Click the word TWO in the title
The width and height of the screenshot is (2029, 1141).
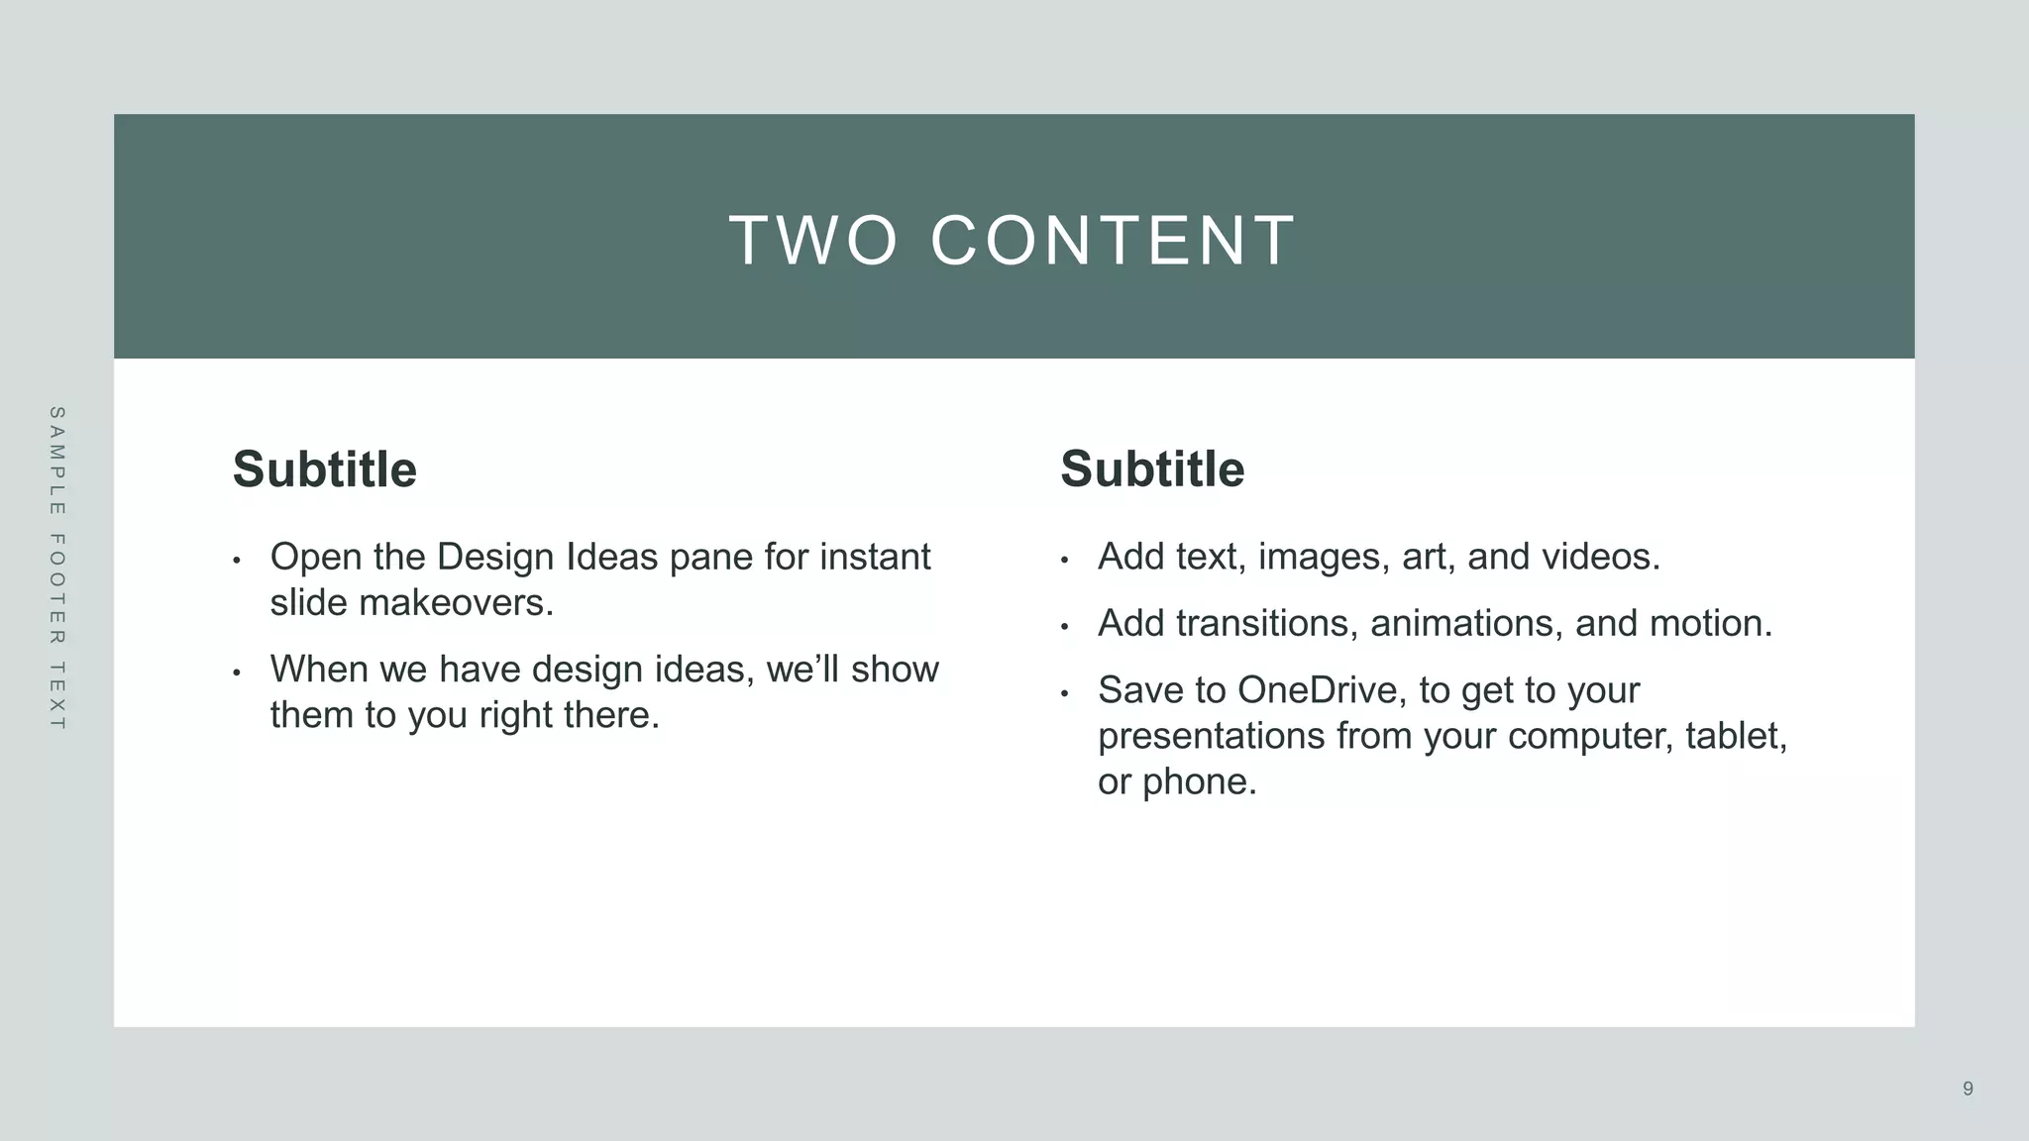coord(813,241)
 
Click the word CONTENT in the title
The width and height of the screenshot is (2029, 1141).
coord(1114,241)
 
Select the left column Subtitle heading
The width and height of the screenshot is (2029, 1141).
coord(324,468)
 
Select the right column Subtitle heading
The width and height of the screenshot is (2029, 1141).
coord(1152,468)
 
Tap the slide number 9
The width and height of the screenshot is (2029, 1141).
coord(1968,1089)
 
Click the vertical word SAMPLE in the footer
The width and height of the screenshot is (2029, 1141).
coord(56,461)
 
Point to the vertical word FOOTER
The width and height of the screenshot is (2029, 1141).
coord(56,589)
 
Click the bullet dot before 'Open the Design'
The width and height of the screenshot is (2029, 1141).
coord(237,561)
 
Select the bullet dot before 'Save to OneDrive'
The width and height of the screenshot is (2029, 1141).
coord(1064,693)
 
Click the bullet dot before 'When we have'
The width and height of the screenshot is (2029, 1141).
coord(237,674)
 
